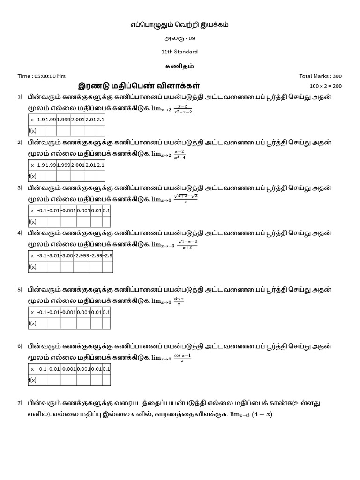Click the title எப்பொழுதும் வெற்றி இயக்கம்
(180, 24)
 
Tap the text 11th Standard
(180, 52)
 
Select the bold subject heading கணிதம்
(180, 66)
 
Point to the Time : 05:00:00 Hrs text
(41, 76)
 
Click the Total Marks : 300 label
(320, 76)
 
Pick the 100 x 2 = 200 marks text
(326, 86)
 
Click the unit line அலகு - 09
(180, 38)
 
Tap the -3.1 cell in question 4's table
(42, 256)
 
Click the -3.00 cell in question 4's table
(67, 256)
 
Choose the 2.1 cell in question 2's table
(100, 165)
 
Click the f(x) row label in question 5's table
(32, 323)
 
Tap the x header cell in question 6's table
(32, 369)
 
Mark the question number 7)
(20, 403)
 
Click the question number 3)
(20, 188)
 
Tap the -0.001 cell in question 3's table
(68, 210)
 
